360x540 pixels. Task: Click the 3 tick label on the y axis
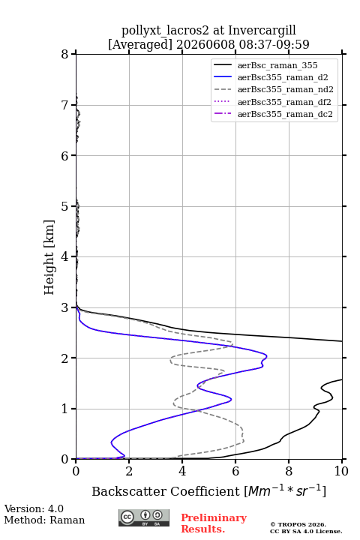click(x=65, y=307)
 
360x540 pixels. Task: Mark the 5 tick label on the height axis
click(x=65, y=206)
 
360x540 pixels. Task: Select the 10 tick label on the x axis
click(x=341, y=471)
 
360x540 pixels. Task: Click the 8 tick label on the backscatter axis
click(x=289, y=471)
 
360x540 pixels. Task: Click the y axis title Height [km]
click(x=49, y=257)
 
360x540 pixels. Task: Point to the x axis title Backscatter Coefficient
click(x=165, y=491)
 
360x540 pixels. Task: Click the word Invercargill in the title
click(x=262, y=31)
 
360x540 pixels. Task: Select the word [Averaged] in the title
click(x=139, y=45)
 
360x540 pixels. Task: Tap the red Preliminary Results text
click(x=214, y=523)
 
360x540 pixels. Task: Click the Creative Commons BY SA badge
click(x=144, y=517)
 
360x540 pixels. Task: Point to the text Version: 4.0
click(x=34, y=508)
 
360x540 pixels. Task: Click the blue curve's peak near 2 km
click(x=267, y=356)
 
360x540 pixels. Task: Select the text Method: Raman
click(x=44, y=520)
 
